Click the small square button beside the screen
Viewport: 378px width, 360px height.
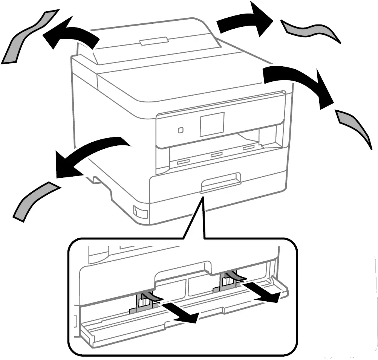tap(180, 130)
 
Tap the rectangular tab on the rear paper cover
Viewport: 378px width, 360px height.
tap(153, 41)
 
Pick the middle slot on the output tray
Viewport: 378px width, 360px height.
tap(217, 155)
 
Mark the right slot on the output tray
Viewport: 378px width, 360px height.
tap(249, 148)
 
